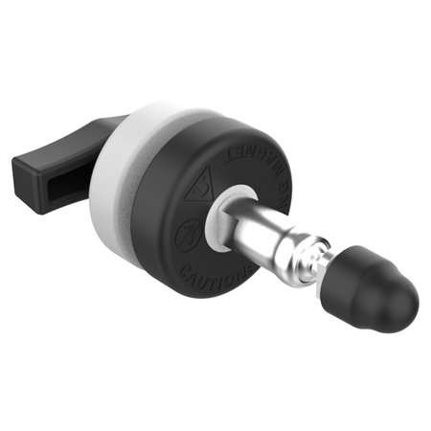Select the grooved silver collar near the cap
306,263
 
